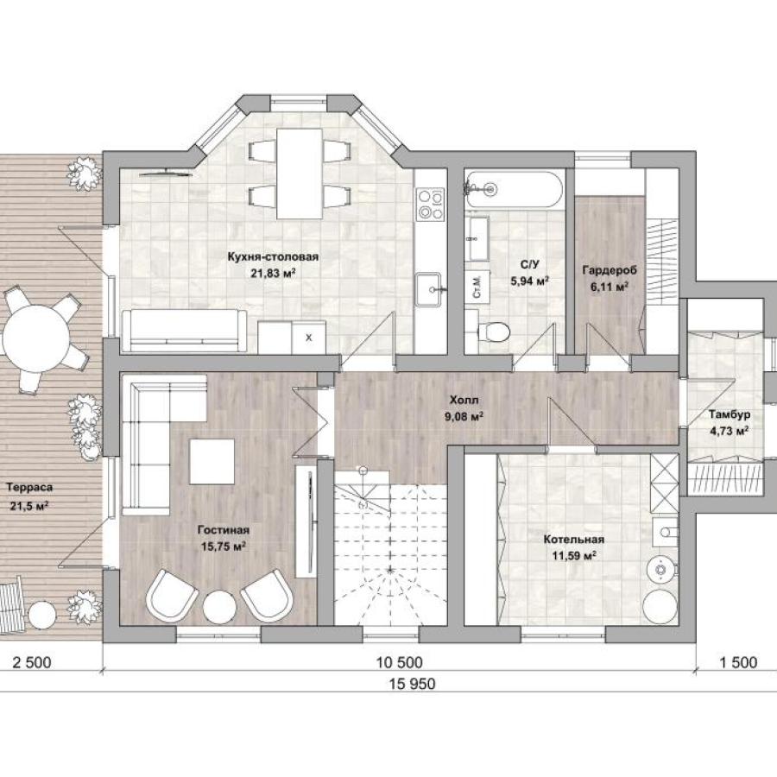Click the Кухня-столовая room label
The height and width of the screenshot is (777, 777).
[273, 256]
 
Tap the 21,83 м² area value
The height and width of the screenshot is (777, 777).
[273, 273]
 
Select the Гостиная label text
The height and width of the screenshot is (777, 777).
[224, 530]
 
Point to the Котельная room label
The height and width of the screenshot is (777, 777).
[574, 539]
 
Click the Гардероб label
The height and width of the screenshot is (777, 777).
[610, 270]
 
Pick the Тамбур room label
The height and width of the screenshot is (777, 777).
[730, 414]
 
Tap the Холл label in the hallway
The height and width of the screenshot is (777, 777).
[464, 400]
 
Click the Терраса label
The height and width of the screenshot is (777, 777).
[29, 487]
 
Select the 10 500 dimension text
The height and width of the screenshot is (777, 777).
[400, 662]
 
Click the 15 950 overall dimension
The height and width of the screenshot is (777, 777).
[413, 684]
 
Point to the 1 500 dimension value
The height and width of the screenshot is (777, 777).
[738, 662]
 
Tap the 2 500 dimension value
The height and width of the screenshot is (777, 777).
[32, 662]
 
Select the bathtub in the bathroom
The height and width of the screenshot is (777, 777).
[514, 189]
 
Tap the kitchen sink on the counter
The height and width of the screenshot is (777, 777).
[428, 289]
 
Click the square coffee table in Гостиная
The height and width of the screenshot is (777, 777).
[212, 461]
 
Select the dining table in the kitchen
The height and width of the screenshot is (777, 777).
[300, 174]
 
